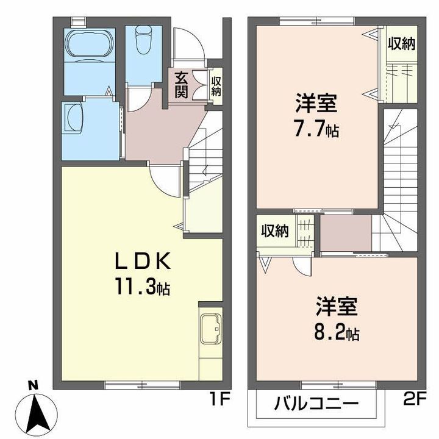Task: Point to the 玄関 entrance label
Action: [x=181, y=85]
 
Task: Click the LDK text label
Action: [x=143, y=261]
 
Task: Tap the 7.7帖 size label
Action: [x=316, y=129]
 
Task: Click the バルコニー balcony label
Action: [x=316, y=404]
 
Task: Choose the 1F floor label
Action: [x=220, y=399]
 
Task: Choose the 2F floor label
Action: [x=415, y=399]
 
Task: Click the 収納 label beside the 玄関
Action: [x=216, y=87]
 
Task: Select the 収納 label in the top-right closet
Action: [x=402, y=44]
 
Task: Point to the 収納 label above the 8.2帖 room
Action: [x=275, y=231]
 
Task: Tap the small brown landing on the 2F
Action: [x=346, y=233]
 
